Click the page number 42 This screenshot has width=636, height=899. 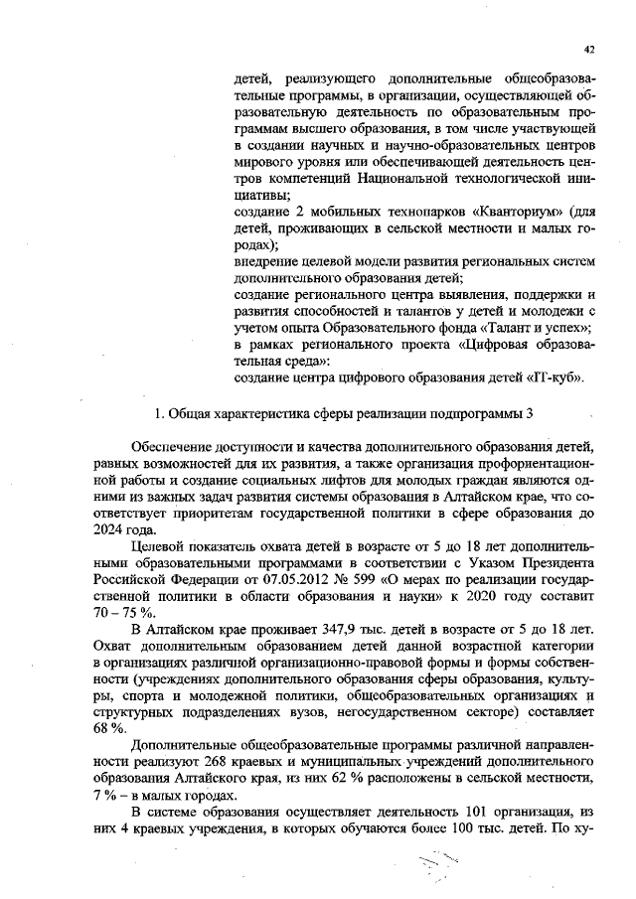click(590, 48)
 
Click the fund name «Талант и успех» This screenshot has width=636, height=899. click(543, 328)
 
